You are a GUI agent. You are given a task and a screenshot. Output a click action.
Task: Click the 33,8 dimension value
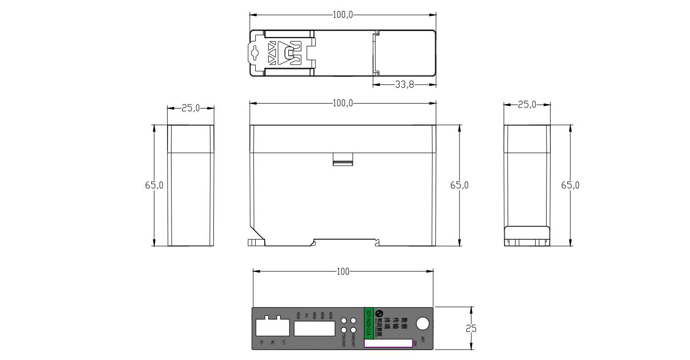click(404, 85)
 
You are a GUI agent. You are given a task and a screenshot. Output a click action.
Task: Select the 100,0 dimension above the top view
click(343, 15)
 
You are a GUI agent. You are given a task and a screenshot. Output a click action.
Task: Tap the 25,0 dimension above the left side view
click(191, 108)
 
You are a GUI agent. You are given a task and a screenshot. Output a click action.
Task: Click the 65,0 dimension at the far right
click(570, 185)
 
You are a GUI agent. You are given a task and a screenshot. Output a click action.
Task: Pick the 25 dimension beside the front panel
click(472, 328)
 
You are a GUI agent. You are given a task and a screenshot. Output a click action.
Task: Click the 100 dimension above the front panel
click(343, 272)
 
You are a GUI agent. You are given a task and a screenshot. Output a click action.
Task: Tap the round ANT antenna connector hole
click(422, 324)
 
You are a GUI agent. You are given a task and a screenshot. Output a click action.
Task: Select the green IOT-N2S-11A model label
click(368, 323)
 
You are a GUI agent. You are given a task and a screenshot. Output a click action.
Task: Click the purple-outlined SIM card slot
click(388, 343)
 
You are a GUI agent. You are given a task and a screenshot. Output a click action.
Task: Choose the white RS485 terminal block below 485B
click(314, 328)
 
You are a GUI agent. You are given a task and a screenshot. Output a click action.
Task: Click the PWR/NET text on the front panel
click(353, 340)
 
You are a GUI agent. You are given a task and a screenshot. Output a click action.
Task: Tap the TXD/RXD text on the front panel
click(344, 340)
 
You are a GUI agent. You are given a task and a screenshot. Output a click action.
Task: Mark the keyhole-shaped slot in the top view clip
click(255, 53)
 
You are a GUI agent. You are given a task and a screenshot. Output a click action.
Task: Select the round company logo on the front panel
click(379, 313)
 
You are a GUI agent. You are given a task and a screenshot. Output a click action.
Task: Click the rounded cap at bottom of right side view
click(526, 233)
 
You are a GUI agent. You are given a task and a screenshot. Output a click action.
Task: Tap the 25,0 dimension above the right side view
click(527, 105)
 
